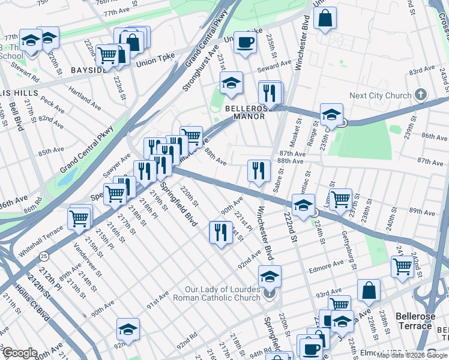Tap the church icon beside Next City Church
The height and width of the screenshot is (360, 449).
pyautogui.click(x=420, y=95)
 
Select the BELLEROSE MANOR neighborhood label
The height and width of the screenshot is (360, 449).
pyautogui.click(x=244, y=112)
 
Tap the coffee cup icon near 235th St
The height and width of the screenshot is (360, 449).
pyautogui.click(x=244, y=43)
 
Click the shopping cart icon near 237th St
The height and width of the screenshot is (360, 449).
pyautogui.click(x=340, y=199)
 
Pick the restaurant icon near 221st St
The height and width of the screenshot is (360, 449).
pyautogui.click(x=220, y=232)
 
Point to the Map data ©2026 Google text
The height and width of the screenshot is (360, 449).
pyautogui.click(x=412, y=355)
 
